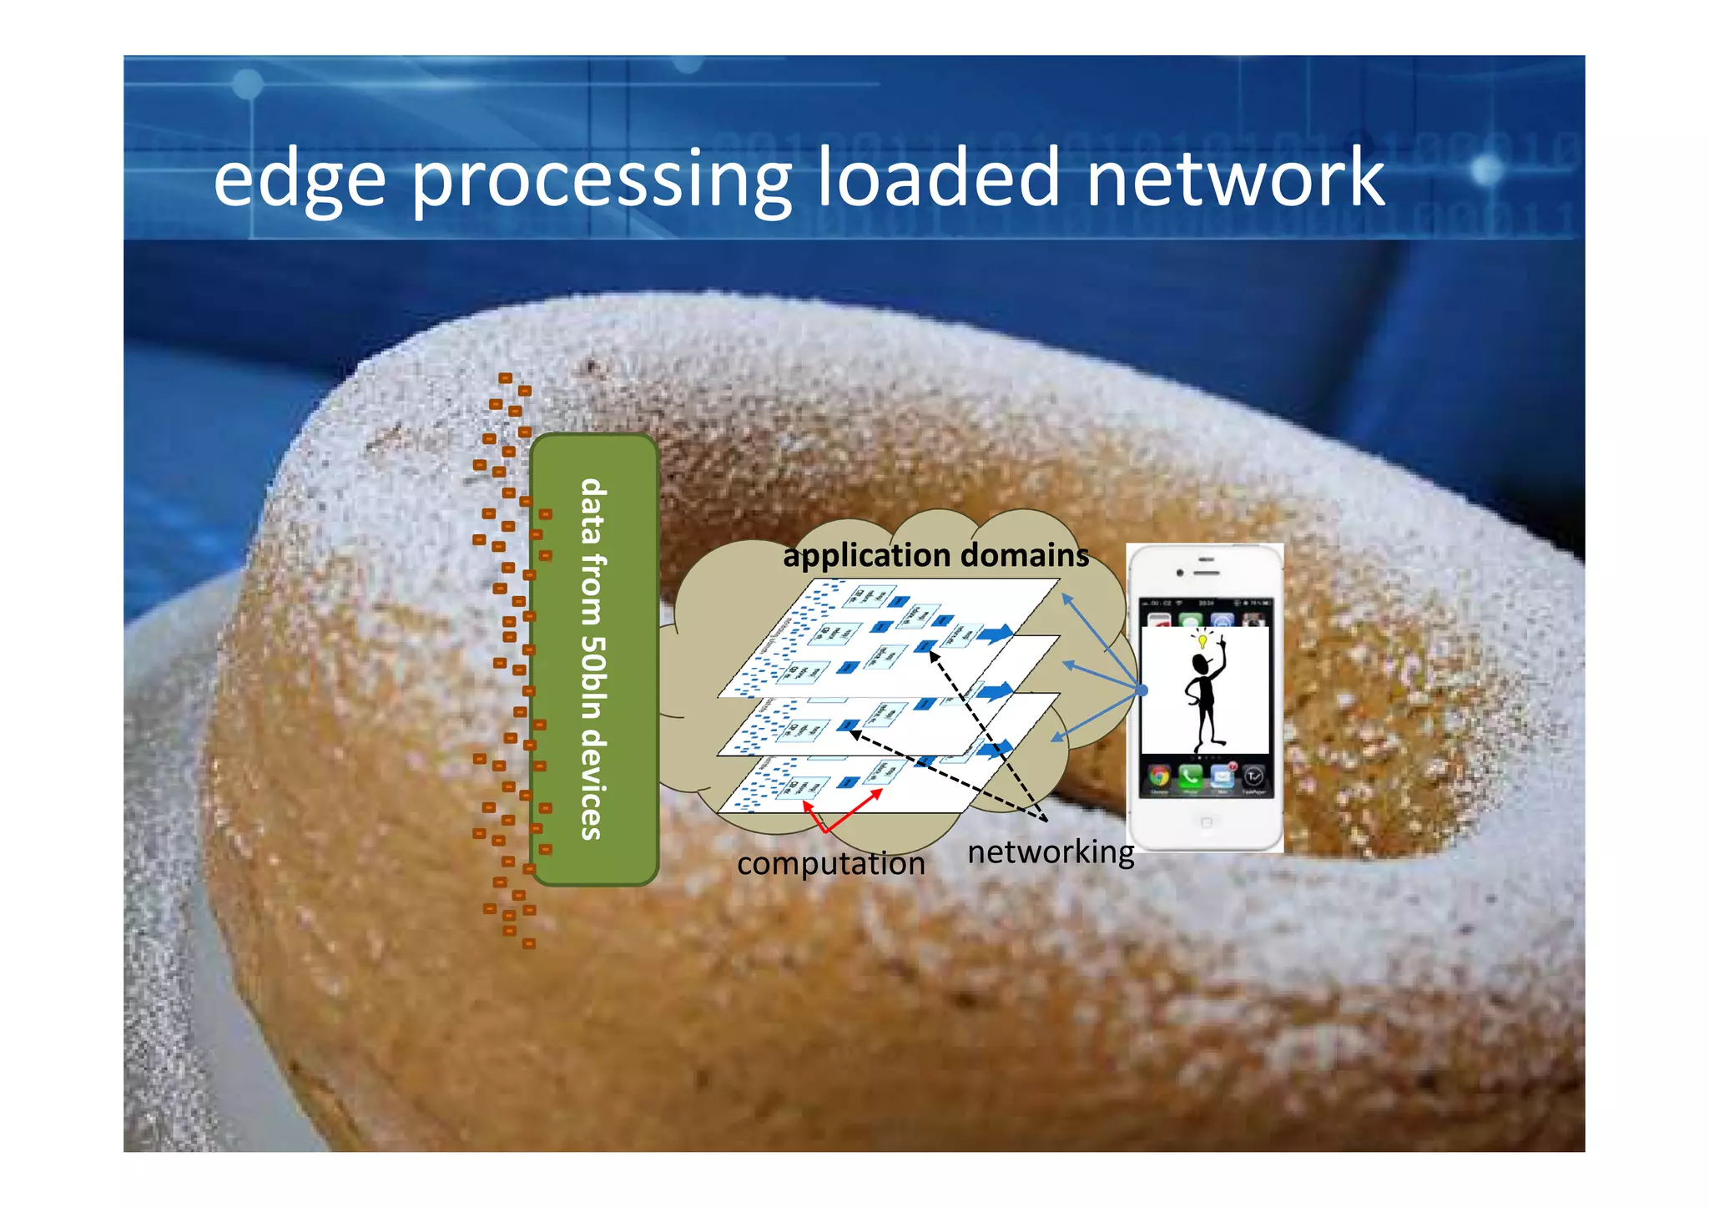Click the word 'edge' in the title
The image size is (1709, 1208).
[x=299, y=179]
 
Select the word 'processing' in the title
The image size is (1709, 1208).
[x=601, y=179]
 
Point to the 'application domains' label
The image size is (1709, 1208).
[x=935, y=555]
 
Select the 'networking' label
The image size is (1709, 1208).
[x=1051, y=852]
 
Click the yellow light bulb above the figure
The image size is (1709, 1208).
[x=1202, y=641]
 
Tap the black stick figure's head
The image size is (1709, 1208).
[x=1201, y=665]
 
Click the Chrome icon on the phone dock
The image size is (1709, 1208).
[x=1158, y=776]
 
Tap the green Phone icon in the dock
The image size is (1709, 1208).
[x=1190, y=776]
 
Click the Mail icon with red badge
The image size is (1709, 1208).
[x=1223, y=776]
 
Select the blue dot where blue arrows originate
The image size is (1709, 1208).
[x=1142, y=690]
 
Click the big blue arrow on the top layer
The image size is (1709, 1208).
[x=995, y=634]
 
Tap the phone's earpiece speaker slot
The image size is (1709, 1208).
[x=1207, y=573]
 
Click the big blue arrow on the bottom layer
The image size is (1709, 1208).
[x=995, y=749]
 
